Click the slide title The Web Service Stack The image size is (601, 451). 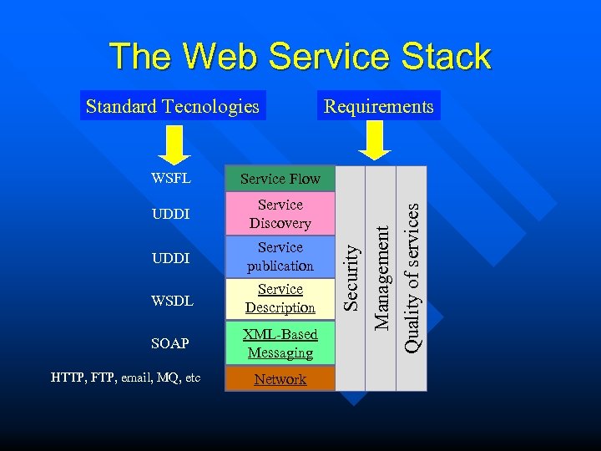click(300, 57)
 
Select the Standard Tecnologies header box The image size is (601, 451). click(173, 106)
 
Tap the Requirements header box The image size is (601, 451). click(379, 106)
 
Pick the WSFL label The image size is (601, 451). click(171, 178)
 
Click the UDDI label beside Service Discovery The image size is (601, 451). click(171, 215)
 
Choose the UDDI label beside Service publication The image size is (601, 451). click(171, 259)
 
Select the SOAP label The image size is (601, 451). click(170, 343)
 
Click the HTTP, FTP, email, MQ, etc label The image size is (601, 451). click(126, 378)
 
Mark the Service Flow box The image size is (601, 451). click(280, 178)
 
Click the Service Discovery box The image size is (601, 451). click(280, 214)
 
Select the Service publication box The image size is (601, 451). click(280, 257)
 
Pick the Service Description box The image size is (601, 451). click(280, 298)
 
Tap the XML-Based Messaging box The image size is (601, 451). click(280, 343)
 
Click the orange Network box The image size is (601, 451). click(280, 379)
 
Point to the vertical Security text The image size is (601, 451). click(353, 276)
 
